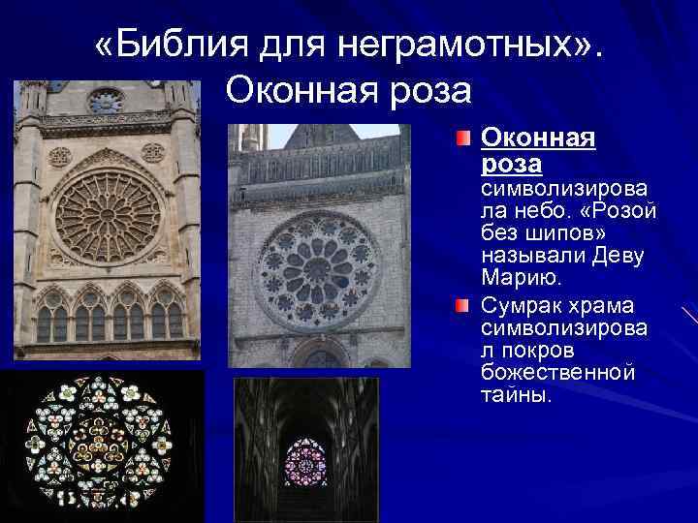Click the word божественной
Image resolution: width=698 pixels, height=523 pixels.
coord(557,372)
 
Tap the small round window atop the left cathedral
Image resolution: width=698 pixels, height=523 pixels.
coord(106,100)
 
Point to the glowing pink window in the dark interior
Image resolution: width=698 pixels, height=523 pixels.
coord(306,462)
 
